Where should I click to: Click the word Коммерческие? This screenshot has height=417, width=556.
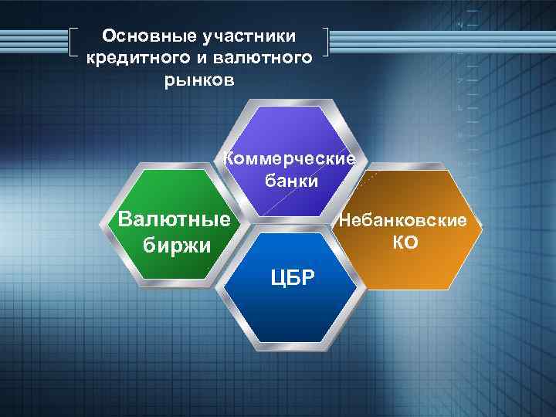290,159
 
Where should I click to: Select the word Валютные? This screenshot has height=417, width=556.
174,219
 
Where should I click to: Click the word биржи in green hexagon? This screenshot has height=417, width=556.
174,246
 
